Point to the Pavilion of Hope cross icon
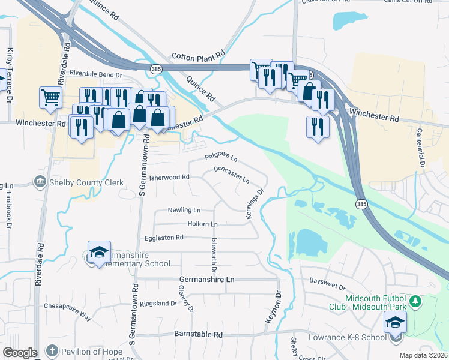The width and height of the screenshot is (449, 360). point(52,350)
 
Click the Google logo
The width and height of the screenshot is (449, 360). point(20,353)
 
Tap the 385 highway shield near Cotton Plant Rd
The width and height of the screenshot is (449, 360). point(156,70)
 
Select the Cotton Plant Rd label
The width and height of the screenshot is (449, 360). point(198,56)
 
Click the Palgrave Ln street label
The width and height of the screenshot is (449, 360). point(221,158)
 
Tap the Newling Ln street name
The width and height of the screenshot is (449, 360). point(184,210)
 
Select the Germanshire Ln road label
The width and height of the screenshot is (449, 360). point(206,280)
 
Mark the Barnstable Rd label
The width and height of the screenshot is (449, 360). point(198,334)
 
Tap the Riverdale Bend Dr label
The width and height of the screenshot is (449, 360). point(95,74)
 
